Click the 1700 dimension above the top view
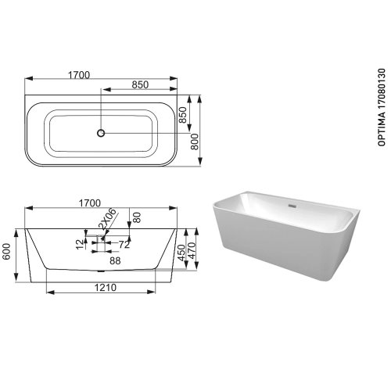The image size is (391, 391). [78, 74]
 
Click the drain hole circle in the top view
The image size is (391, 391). [100, 132]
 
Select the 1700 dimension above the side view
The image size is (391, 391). [92, 203]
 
